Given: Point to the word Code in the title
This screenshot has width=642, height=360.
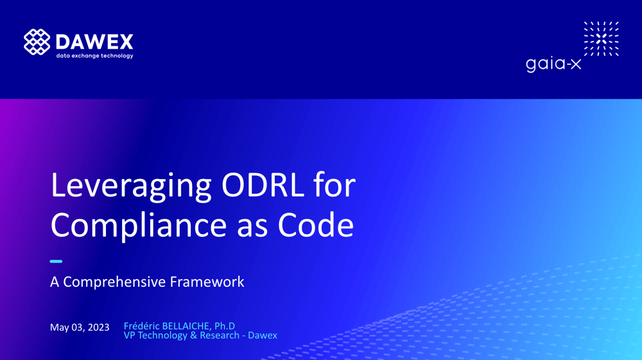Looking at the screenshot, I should click(315, 225).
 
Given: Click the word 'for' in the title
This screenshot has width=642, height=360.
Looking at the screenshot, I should click(334, 185).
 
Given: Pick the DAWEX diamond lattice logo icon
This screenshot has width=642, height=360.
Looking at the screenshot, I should click(37, 42).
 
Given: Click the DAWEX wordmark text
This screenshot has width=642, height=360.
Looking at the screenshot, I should click(94, 41).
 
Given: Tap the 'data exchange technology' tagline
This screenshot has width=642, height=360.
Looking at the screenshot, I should click(94, 56).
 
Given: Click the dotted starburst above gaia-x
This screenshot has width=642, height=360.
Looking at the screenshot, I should click(601, 39).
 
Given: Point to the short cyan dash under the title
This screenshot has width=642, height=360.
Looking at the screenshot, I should click(56, 261).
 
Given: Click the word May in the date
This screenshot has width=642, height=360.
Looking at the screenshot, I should click(59, 327).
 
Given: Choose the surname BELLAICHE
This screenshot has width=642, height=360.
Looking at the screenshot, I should click(187, 326).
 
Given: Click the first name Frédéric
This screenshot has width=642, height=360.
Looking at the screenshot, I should click(142, 326).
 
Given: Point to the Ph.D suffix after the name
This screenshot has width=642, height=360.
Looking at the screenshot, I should click(224, 326).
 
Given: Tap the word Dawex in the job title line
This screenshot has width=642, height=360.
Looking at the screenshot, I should click(263, 335).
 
